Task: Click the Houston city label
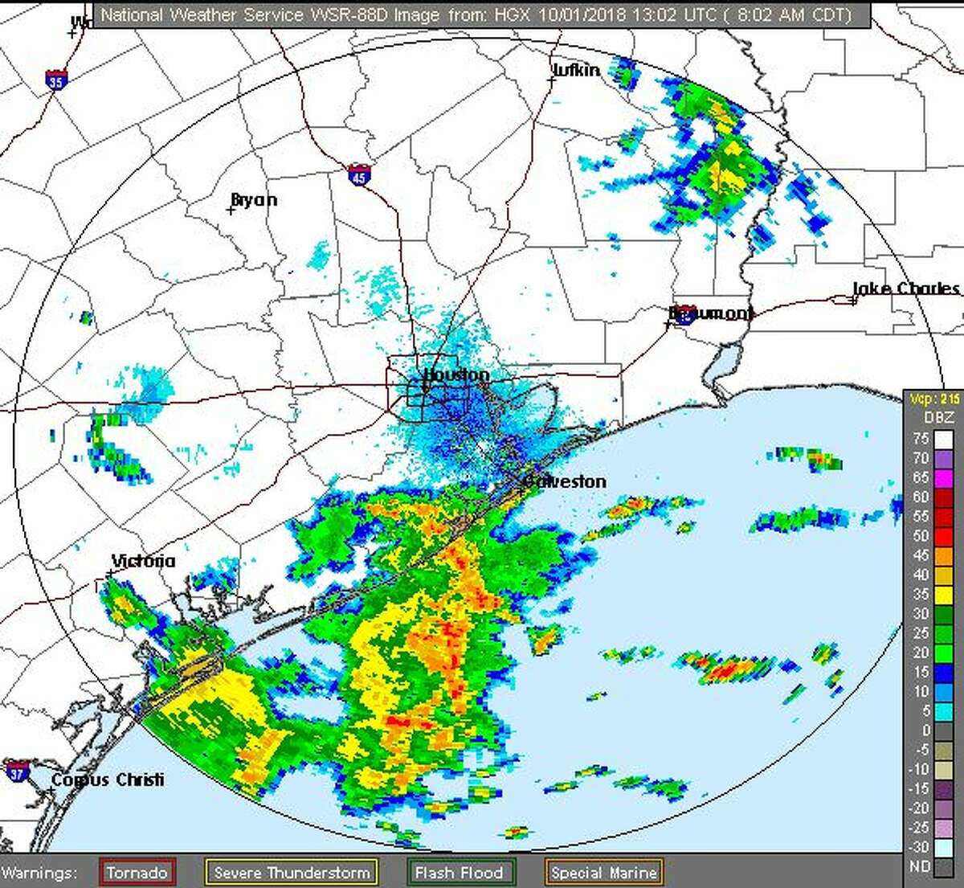(455, 375)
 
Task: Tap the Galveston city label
(565, 481)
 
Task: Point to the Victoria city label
(143, 561)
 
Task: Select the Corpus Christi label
(108, 780)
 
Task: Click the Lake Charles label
(906, 288)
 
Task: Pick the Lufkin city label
(576, 70)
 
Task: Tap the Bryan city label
(254, 200)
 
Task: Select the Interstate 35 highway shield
(55, 80)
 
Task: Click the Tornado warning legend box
(137, 872)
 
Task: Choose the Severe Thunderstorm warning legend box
(292, 872)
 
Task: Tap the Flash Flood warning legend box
(460, 872)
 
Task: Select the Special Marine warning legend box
(604, 872)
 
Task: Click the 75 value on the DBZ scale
(921, 439)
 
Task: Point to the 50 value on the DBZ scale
(921, 536)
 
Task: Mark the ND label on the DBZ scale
(921, 866)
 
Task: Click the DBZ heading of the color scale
(938, 417)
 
